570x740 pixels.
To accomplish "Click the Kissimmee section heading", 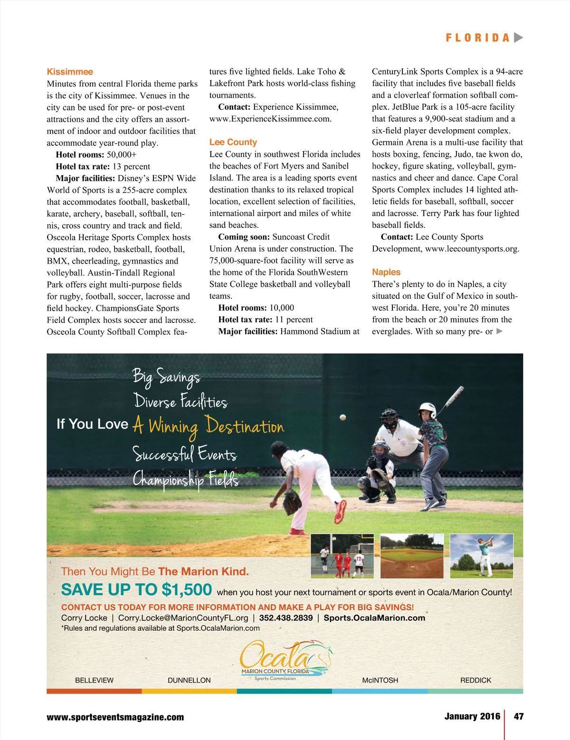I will pos(70,72).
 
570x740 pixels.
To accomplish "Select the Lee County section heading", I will pos(233,142).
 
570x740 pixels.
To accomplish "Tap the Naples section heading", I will pos(386,272).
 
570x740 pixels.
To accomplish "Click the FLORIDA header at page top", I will pos(478,38).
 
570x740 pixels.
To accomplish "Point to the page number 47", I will pos(519,716).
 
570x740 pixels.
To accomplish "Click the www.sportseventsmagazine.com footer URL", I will pos(115,717).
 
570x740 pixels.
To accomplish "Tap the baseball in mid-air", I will pos(342,417).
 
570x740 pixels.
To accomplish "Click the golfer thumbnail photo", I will pos(481,556).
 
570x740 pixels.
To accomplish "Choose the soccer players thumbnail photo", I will pos(342,556).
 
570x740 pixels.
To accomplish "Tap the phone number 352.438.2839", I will pos(286,618).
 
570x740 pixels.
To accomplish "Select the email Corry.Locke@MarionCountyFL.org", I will pos(183,618).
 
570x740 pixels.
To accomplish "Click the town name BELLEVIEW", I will pos(94,680).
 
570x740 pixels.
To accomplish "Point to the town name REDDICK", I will pos(475,680).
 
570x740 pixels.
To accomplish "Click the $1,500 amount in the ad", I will pos(187,590).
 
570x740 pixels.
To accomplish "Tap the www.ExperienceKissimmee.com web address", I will pos(270,119).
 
